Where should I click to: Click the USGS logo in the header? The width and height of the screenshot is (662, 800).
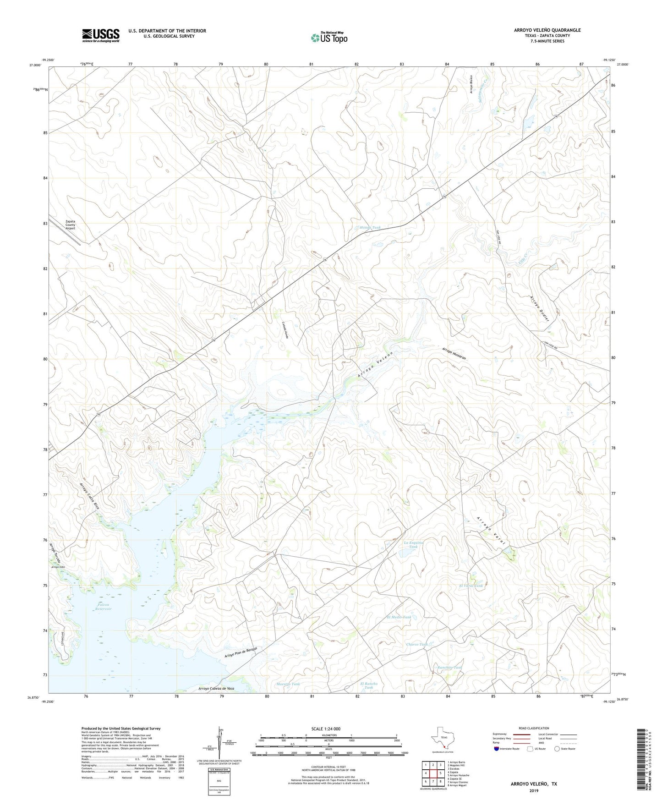101,35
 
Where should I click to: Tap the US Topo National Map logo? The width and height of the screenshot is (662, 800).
328,38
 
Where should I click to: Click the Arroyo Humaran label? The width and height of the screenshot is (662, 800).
454,354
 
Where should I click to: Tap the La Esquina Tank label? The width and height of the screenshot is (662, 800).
413,545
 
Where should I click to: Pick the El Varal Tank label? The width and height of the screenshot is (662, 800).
471,586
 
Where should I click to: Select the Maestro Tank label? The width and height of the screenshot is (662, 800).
288,684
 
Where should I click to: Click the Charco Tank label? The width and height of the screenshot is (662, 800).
417,644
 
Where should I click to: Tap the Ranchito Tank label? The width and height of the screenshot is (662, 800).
449,668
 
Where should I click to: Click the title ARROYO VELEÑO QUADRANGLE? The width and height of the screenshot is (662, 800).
547,30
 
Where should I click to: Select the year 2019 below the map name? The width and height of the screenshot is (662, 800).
533,790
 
